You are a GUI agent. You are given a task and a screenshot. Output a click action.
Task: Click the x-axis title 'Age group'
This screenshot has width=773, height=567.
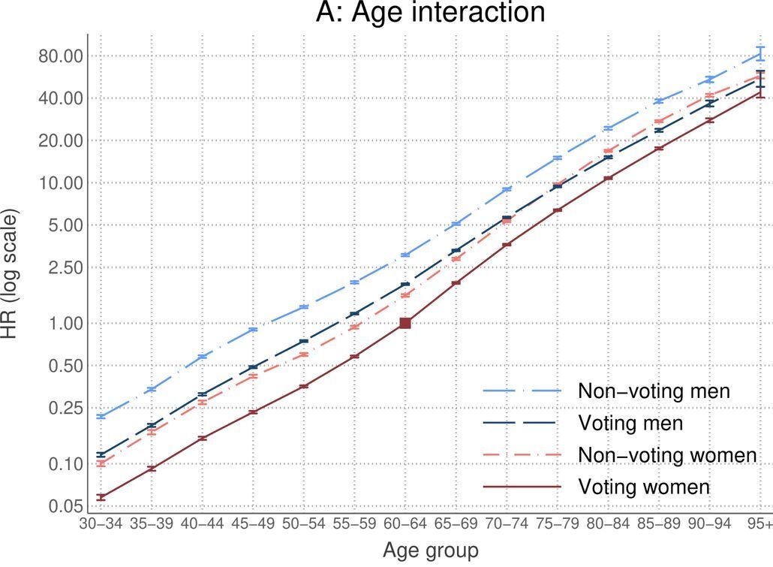(430, 550)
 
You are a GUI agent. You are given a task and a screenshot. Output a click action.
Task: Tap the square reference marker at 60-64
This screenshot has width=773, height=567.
(405, 323)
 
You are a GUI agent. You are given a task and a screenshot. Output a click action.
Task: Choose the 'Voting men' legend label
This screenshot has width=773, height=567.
(630, 423)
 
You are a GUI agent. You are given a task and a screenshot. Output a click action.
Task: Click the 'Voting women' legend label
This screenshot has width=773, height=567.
(644, 487)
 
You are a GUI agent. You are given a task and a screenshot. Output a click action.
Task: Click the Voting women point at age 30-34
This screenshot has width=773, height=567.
(101, 497)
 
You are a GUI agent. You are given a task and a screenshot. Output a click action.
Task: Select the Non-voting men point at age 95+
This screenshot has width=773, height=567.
(760, 54)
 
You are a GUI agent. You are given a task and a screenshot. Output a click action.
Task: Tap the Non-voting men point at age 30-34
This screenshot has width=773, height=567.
(101, 416)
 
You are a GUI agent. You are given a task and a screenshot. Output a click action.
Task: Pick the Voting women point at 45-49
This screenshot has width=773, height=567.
(253, 412)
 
